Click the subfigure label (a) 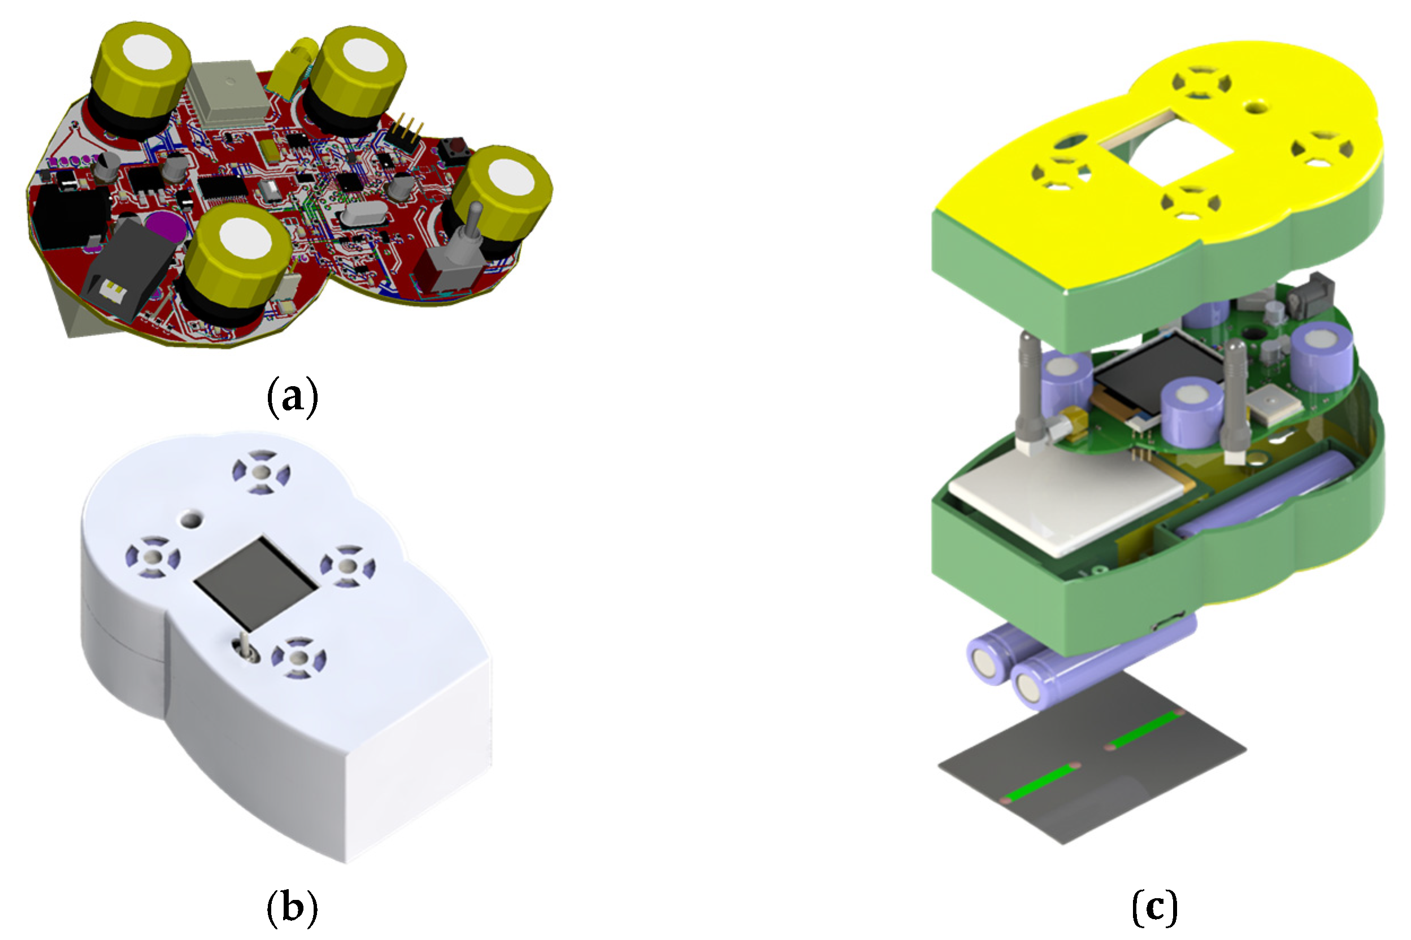click(x=292, y=397)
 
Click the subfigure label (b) click(x=292, y=907)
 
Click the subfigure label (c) click(x=1155, y=907)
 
